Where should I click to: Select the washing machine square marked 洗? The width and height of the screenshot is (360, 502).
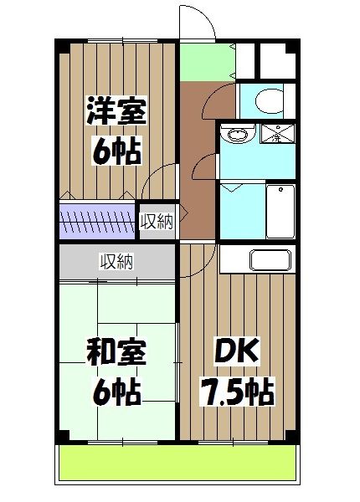tap(275, 134)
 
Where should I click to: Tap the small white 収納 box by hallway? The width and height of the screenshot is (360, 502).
tap(157, 222)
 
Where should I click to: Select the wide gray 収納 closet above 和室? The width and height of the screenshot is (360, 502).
tap(117, 262)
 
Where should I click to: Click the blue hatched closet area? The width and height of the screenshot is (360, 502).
tap(96, 223)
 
